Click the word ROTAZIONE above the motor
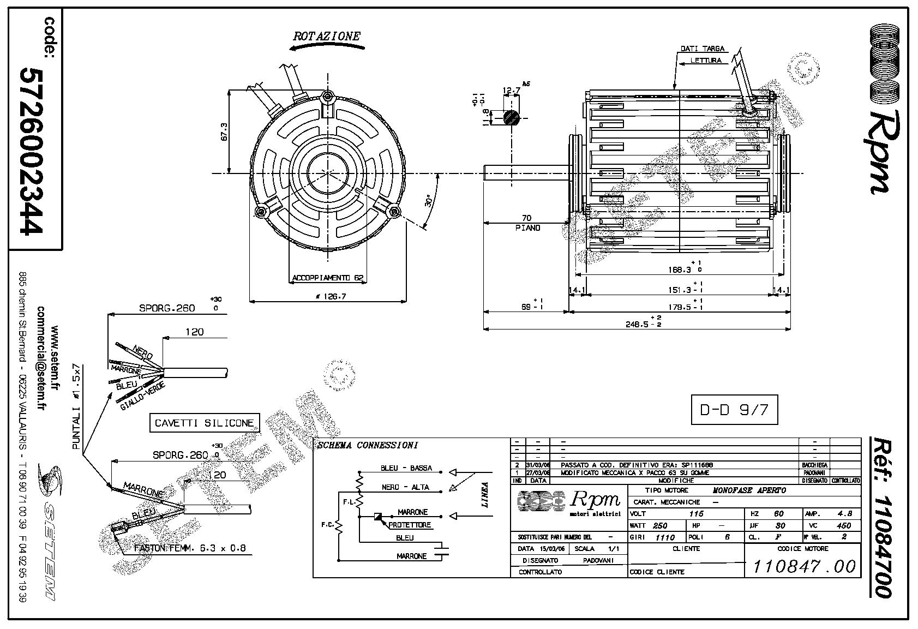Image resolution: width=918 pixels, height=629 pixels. pos(327,37)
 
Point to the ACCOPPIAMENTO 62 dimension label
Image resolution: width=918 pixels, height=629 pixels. pos(327,278)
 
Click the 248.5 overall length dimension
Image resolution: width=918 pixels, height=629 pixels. pos(636,324)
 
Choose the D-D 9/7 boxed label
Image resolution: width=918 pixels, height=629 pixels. pos(734,409)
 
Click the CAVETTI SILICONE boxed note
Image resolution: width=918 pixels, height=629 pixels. pos(205,423)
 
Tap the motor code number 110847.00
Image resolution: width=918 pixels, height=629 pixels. pos(803,566)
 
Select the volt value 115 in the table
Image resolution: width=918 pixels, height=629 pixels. pos(696,514)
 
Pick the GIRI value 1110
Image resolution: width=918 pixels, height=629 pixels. pos(665,537)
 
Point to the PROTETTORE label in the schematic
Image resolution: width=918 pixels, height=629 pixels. pos(410,525)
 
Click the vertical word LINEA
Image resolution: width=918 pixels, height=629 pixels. pos(485,494)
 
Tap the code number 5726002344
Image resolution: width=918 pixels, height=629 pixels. pos(31,151)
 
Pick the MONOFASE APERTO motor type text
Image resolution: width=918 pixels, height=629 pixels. pos(749,490)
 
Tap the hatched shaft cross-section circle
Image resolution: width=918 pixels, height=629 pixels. pos(511,117)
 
